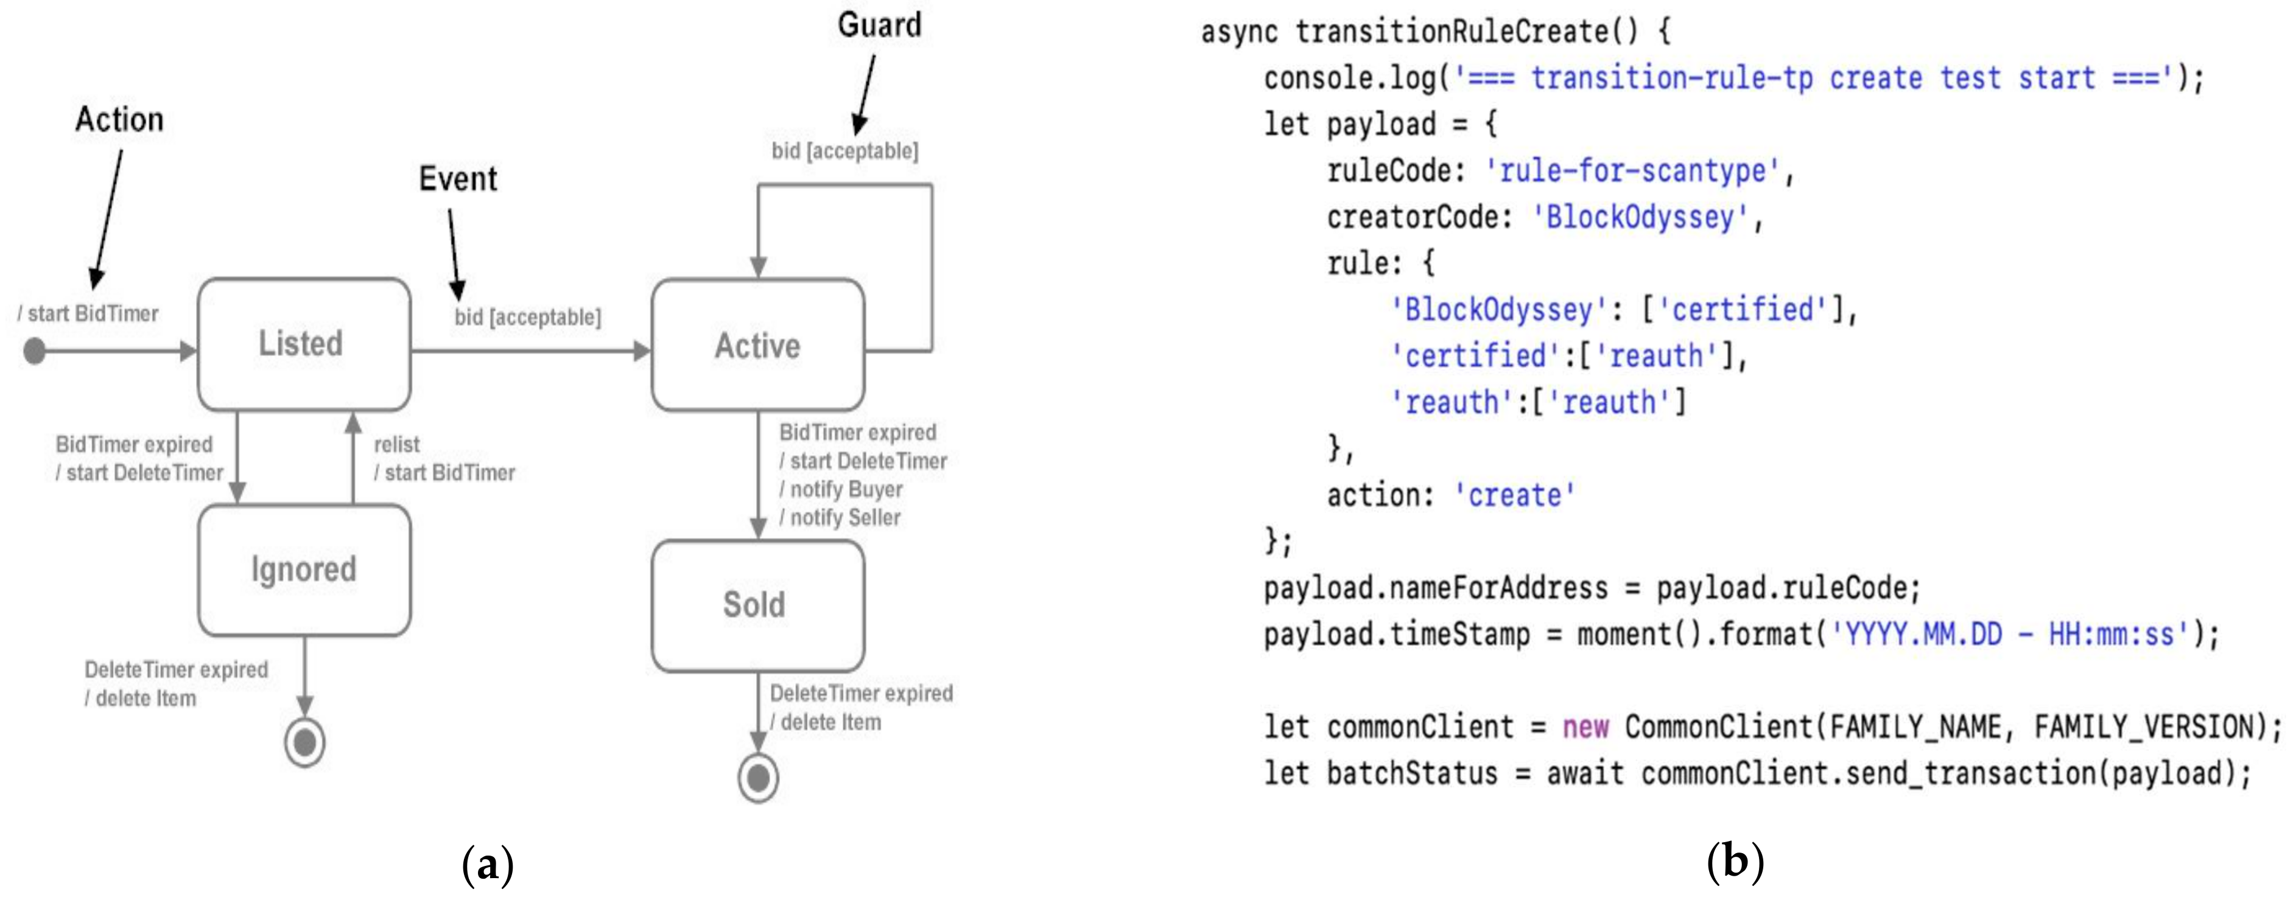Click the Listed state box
(303, 344)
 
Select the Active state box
(757, 346)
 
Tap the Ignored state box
(304, 570)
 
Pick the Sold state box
(757, 606)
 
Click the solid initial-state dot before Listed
(35, 351)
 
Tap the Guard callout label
(879, 25)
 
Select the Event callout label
(458, 179)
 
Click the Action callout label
(119, 119)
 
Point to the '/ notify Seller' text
(840, 518)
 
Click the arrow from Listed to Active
(530, 351)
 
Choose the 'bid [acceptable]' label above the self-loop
(844, 150)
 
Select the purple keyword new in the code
(1585, 727)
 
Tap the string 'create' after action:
(1514, 495)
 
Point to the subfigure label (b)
(1735, 862)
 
